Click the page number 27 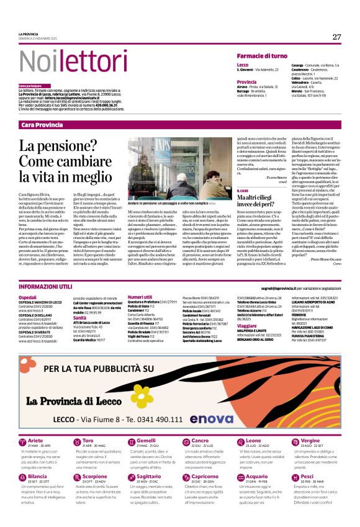pyautogui.click(x=336, y=37)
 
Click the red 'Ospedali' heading pyautogui.click(x=28, y=297)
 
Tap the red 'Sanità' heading pyautogui.click(x=82, y=317)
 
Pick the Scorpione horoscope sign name pyautogui.click(x=94, y=459)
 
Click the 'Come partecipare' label pyautogui.click(x=30, y=85)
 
